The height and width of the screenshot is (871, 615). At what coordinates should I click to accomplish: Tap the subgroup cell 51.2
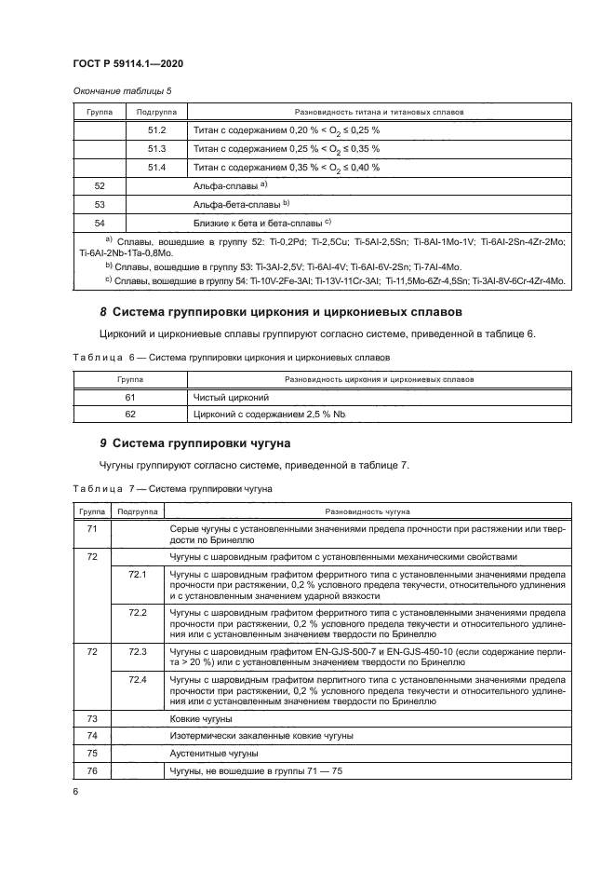tap(156, 129)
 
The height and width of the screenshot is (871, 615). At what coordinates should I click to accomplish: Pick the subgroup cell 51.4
tap(156, 167)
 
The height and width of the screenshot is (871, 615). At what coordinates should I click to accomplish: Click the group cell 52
tap(100, 185)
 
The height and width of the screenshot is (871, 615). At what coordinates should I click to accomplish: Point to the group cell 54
tap(100, 223)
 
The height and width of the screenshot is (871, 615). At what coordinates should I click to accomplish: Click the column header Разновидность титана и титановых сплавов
tap(379, 111)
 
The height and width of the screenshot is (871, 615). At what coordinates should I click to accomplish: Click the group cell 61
tap(130, 397)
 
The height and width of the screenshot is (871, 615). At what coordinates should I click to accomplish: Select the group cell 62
tap(130, 414)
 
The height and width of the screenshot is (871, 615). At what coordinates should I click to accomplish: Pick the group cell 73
tap(92, 719)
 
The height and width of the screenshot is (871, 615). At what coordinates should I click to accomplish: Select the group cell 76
tap(92, 770)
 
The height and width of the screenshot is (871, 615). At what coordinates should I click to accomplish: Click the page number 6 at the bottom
tap(75, 790)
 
